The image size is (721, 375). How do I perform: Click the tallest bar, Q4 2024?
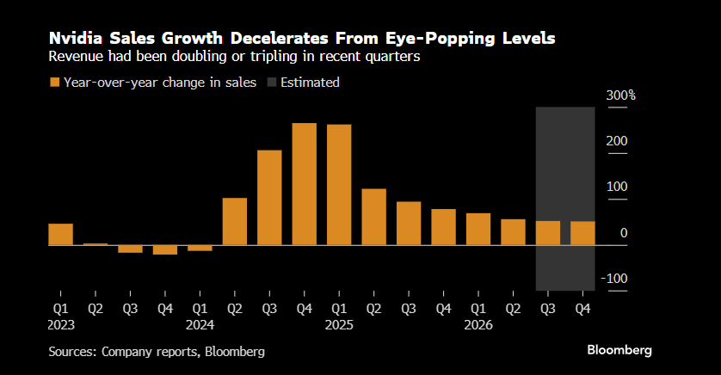tap(305, 184)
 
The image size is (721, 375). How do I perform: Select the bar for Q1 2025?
tap(339, 185)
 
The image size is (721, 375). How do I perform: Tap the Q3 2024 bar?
tap(269, 198)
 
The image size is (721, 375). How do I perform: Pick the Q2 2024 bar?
tap(235, 222)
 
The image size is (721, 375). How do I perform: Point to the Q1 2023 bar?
tap(60, 234)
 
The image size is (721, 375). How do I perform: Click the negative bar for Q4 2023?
tap(165, 250)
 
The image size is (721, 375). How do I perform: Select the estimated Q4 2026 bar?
tap(582, 233)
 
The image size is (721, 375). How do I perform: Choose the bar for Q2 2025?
tap(373, 217)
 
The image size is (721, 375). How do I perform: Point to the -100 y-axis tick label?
tap(616, 278)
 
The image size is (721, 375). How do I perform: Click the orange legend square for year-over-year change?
tap(54, 83)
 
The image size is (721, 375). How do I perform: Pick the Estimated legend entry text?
tap(309, 83)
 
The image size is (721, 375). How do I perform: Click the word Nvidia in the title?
tap(73, 39)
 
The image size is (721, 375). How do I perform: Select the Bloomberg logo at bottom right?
tap(619, 350)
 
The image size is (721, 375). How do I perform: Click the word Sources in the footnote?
tap(72, 351)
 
